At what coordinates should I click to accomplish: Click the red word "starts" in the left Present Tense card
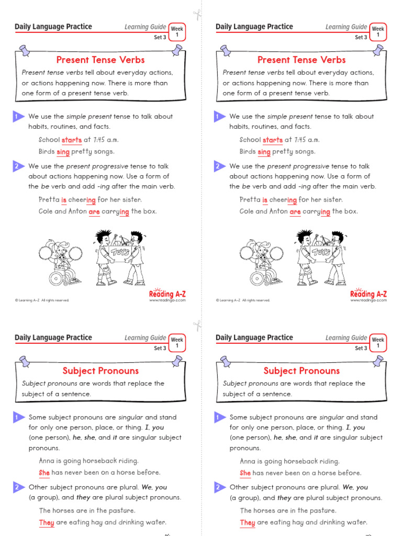point(72,140)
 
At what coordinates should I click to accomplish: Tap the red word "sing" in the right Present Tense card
point(264,152)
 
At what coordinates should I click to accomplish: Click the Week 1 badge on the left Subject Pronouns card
point(177,342)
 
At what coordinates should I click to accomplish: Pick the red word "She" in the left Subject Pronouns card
point(44,473)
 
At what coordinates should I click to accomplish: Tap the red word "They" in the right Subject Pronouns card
point(248,522)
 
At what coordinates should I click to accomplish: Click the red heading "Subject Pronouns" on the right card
point(301,371)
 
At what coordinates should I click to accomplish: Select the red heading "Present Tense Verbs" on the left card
point(100,60)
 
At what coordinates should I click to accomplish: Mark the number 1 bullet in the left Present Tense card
point(17,117)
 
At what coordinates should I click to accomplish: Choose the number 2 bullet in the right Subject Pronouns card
point(218,487)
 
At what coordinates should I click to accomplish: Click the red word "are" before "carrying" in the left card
point(94,212)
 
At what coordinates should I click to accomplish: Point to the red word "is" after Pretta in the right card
point(265,200)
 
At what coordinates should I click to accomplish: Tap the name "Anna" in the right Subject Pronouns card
point(249,461)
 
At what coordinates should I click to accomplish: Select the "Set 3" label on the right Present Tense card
point(361,37)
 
